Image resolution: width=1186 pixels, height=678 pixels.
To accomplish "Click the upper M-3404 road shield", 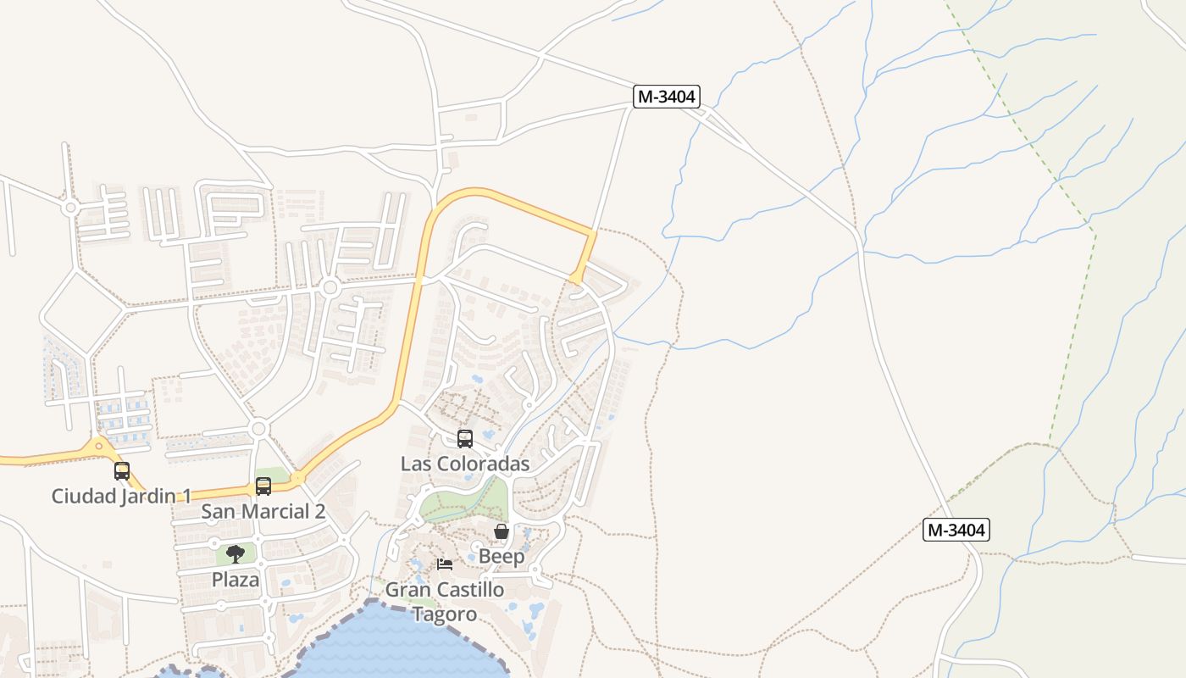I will tap(667, 97).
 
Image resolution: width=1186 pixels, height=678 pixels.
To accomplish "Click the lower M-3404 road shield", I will tap(956, 530).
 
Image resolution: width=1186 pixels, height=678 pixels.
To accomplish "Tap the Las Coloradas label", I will tap(465, 464).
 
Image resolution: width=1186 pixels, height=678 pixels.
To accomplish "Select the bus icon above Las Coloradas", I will tap(465, 439).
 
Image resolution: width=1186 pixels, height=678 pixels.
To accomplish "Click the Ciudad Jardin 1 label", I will tap(122, 496).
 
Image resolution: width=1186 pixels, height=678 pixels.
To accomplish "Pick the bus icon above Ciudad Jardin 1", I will tap(122, 471).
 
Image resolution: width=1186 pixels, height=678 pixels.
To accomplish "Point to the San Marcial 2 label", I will tap(263, 511).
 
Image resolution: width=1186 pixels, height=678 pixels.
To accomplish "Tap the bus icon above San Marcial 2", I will tap(263, 486).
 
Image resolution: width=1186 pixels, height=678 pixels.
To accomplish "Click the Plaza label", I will tap(236, 580).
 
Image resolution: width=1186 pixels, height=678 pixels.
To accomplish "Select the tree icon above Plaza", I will tap(236, 554).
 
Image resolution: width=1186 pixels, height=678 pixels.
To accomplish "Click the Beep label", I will tap(502, 557).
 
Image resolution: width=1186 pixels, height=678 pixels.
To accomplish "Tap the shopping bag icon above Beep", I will tap(502, 531).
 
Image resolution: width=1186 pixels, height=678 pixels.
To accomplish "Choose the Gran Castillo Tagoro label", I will tap(445, 601).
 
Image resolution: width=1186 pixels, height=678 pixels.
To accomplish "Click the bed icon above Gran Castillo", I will tap(445, 564).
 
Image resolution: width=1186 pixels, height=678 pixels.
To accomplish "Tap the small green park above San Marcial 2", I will tap(271, 475).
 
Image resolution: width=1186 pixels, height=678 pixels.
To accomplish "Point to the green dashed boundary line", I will tap(1072, 339).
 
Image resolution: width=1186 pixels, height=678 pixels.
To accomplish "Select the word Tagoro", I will tap(445, 614).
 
